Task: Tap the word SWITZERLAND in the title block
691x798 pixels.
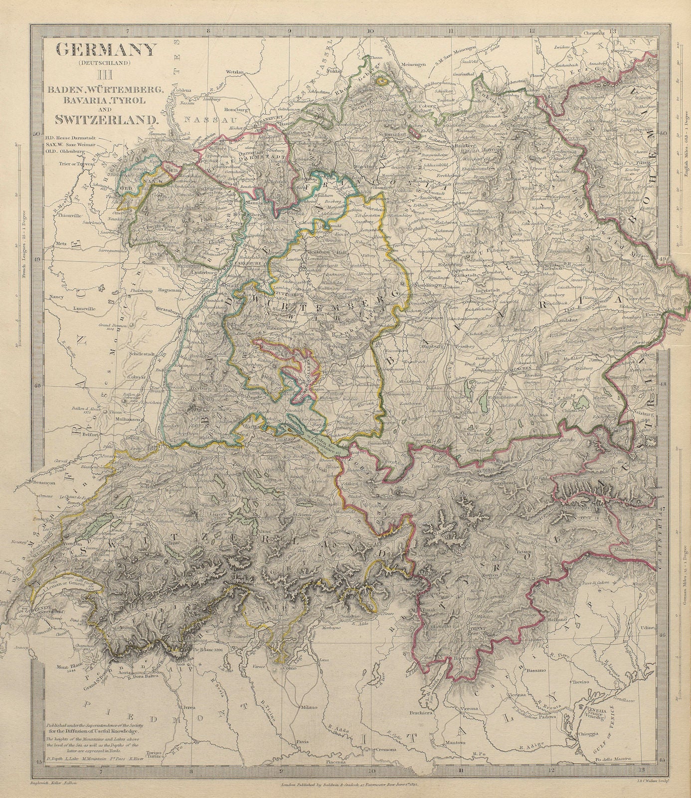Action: pos(107,119)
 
